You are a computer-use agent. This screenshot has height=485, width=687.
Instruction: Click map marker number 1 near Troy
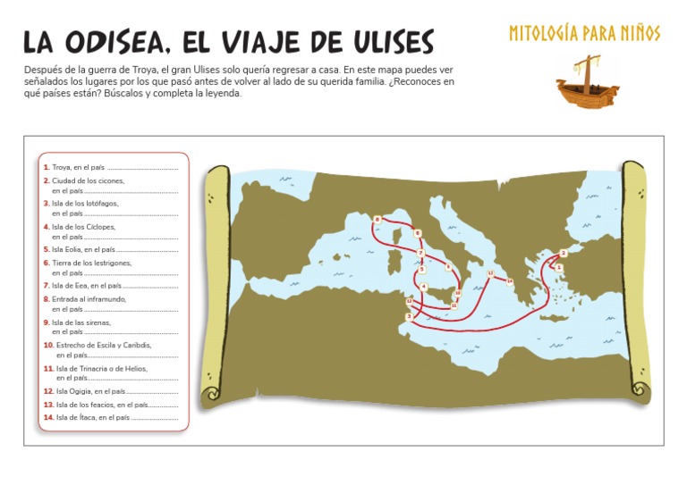pyautogui.click(x=558, y=266)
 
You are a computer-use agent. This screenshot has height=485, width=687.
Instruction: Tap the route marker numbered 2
pyautogui.click(x=563, y=253)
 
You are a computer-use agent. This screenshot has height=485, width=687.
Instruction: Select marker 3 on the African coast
pyautogui.click(x=409, y=316)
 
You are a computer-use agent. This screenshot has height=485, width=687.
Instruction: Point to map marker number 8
pyautogui.click(x=377, y=219)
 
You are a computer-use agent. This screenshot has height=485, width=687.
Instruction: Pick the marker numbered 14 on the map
pyautogui.click(x=510, y=281)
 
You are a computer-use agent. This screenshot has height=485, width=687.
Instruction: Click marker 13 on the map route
pyautogui.click(x=490, y=273)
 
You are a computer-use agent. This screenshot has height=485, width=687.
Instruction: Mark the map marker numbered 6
pyautogui.click(x=417, y=233)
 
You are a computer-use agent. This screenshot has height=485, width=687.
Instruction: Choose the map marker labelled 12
pyautogui.click(x=409, y=301)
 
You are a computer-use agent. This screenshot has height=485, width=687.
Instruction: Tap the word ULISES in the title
pyautogui.click(x=378, y=42)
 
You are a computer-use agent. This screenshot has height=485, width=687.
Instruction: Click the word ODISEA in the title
pyautogui.click(x=114, y=42)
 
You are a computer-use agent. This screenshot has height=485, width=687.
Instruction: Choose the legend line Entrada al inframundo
pyautogui.click(x=89, y=298)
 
